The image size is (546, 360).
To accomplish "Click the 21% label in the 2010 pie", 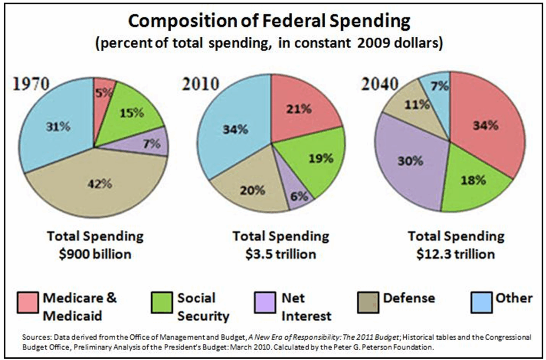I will (x=299, y=109).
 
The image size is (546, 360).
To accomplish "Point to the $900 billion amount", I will (x=95, y=254).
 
